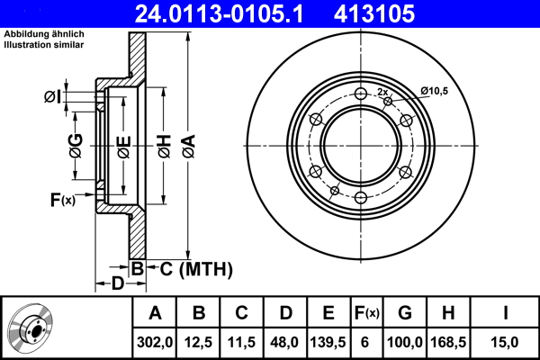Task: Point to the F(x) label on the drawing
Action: [x=62, y=199]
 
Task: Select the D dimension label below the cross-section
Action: [x=117, y=284]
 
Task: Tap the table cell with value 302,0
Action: [x=155, y=342]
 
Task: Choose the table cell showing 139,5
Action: [x=328, y=342]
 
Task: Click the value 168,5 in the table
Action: [x=448, y=342]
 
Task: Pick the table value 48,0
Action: [x=285, y=342]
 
